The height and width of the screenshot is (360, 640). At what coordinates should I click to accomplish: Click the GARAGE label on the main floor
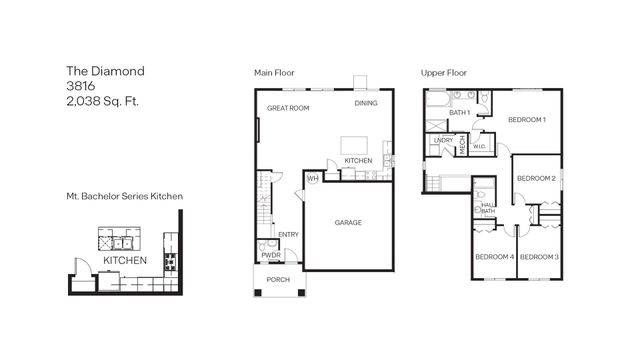click(347, 222)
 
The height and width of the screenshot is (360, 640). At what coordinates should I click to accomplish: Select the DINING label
click(366, 104)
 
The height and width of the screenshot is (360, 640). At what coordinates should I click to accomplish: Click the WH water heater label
click(312, 179)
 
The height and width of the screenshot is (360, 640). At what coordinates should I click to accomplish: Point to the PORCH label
click(278, 279)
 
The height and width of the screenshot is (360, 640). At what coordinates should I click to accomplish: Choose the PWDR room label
click(270, 255)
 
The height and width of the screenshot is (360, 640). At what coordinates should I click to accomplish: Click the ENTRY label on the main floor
click(288, 235)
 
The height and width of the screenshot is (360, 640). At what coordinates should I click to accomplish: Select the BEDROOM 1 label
click(526, 120)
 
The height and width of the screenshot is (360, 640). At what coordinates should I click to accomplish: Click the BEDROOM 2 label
click(536, 178)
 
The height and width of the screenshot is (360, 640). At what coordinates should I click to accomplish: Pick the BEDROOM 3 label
click(539, 257)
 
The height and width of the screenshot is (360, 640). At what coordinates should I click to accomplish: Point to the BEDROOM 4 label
click(493, 257)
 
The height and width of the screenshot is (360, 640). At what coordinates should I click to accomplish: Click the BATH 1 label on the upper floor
click(459, 113)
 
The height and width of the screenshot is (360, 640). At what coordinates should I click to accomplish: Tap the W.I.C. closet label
click(479, 146)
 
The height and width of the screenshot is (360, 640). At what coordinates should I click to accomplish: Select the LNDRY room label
click(443, 141)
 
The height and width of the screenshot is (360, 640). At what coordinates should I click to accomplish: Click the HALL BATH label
click(488, 208)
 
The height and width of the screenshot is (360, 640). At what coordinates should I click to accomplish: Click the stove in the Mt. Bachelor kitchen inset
click(167, 264)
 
